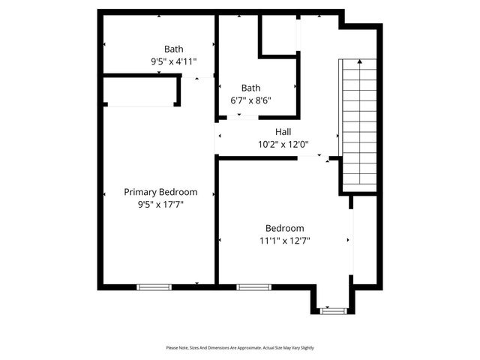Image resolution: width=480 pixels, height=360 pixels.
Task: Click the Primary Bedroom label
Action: pyautogui.click(x=160, y=192)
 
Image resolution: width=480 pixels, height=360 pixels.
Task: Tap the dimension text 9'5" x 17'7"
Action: pyautogui.click(x=160, y=204)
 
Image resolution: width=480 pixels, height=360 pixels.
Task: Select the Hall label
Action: pyautogui.click(x=283, y=132)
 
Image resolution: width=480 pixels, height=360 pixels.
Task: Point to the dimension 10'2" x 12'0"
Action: pyautogui.click(x=283, y=145)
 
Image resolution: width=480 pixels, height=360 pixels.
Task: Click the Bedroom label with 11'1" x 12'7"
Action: pyautogui.click(x=284, y=228)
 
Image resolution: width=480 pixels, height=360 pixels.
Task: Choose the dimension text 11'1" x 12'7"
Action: pyautogui.click(x=284, y=241)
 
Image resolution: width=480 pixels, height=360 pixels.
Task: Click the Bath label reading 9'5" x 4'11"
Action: pyautogui.click(x=173, y=49)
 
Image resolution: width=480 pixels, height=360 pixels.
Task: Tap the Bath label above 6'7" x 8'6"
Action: pyautogui.click(x=250, y=87)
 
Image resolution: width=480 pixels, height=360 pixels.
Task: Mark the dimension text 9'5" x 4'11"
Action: pyautogui.click(x=173, y=62)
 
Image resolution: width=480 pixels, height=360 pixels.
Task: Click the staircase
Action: pyautogui.click(x=358, y=124)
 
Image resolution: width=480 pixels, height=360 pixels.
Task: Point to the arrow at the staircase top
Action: pyautogui.click(x=358, y=61)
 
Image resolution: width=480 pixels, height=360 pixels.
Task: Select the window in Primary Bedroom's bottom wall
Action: pyautogui.click(x=154, y=286)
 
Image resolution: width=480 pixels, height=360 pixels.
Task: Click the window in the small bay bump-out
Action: pyautogui.click(x=331, y=310)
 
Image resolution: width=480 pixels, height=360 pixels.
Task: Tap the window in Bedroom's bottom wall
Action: pyautogui.click(x=253, y=286)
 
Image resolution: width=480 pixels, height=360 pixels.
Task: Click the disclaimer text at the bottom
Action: pyautogui.click(x=239, y=348)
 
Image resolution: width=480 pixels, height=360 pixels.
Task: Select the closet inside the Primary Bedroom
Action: pyautogui.click(x=140, y=91)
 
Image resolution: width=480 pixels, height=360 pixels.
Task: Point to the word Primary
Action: pyautogui.click(x=140, y=192)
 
